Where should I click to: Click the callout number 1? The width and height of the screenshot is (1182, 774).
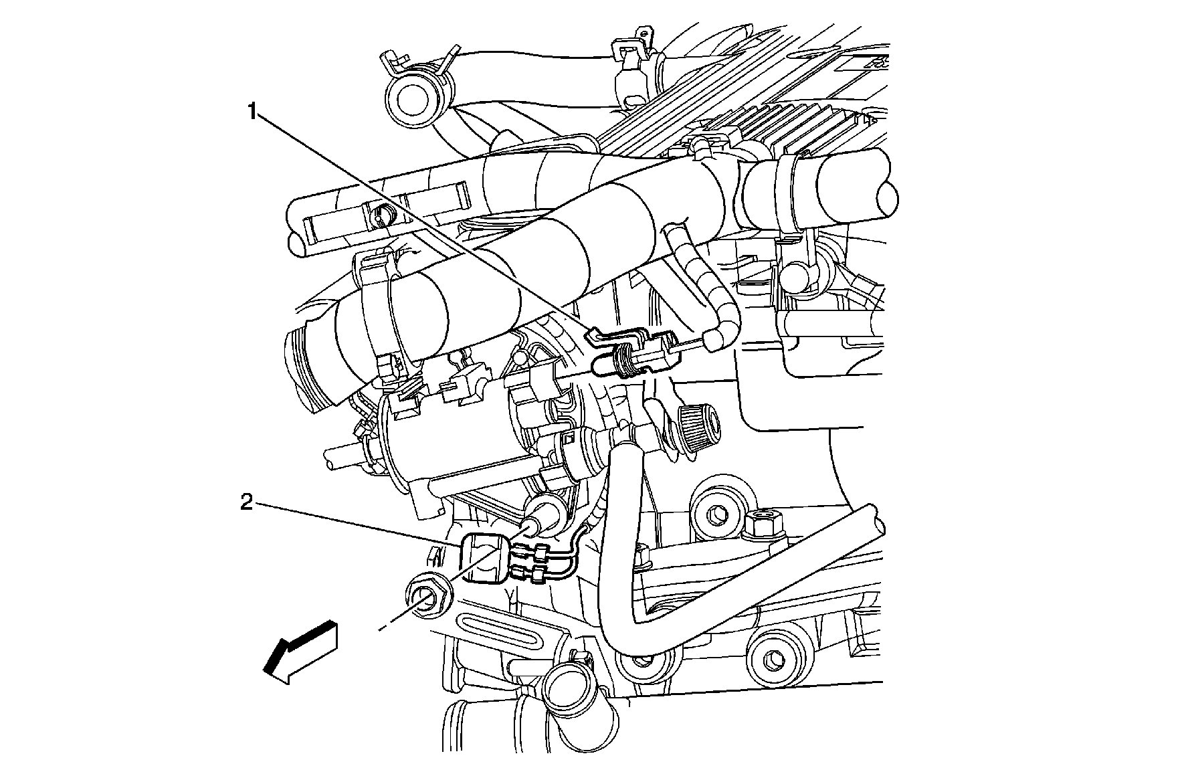[252, 111]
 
